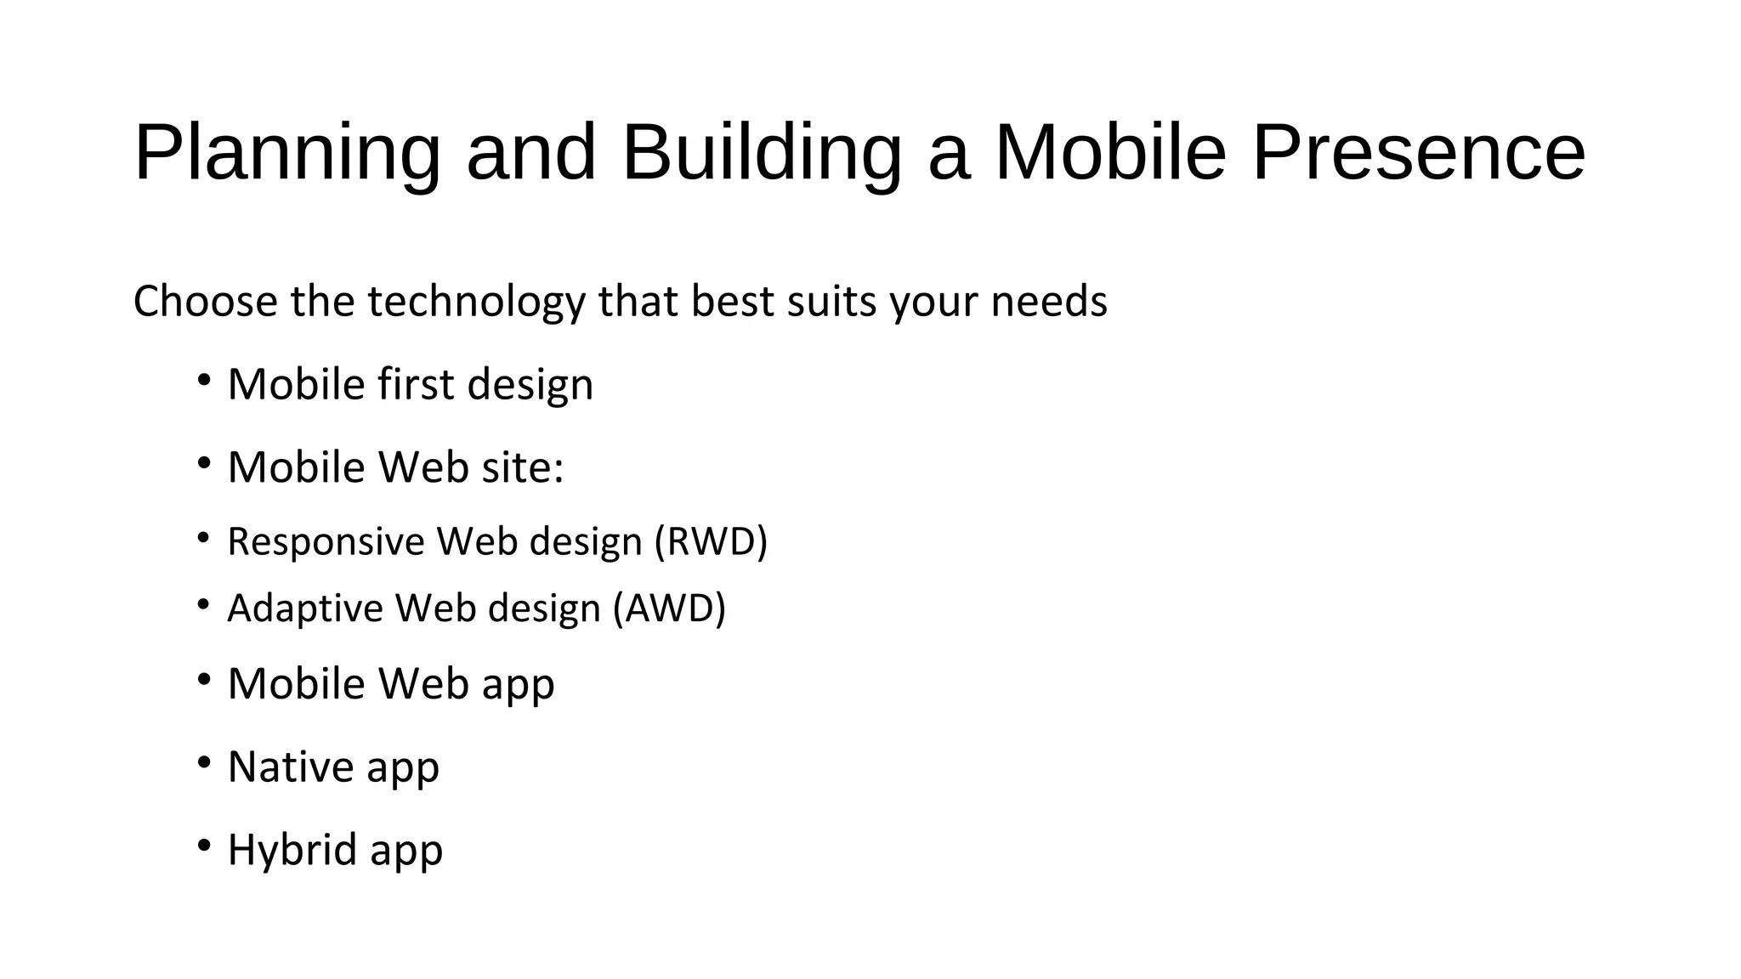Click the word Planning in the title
287,153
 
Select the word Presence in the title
1419,153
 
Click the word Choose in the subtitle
205,302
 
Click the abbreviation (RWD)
711,541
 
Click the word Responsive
326,541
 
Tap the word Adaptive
305,608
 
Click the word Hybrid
292,849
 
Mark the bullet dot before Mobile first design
203,380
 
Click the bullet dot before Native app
203,762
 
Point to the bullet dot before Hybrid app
203,846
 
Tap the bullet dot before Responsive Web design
203,538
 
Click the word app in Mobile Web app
518,684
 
